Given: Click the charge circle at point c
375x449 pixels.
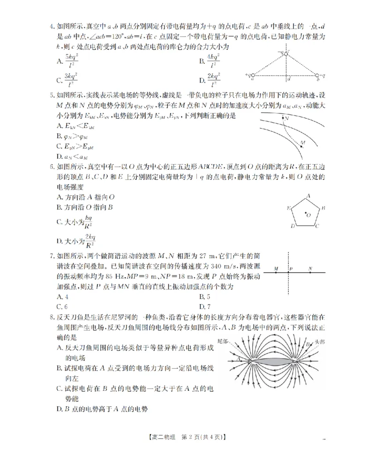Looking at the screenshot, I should pyautogui.click(x=286, y=54).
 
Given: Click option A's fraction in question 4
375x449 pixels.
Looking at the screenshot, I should pyautogui.click(x=71, y=60).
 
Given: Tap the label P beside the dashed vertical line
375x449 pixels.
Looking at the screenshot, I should pyautogui.click(x=292, y=269).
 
